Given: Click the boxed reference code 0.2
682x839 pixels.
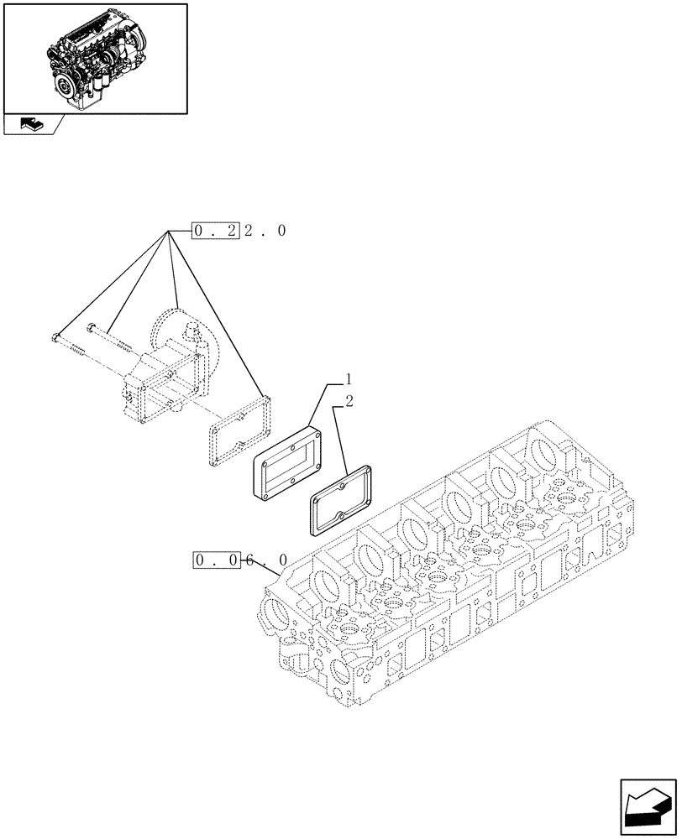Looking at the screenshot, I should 216,230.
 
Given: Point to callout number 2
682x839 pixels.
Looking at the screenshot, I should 349,400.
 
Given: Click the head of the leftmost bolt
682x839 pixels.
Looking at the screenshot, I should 55,339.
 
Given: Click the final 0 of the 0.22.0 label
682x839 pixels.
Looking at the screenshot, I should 281,230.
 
